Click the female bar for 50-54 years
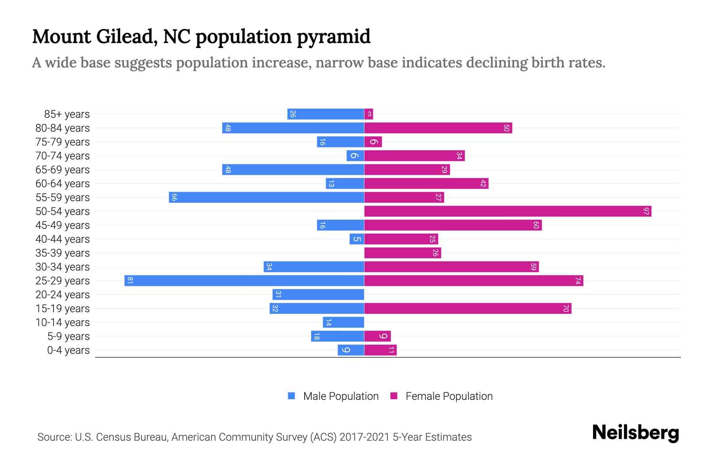(x=508, y=211)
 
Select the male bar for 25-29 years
(x=244, y=281)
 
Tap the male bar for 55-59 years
(x=266, y=198)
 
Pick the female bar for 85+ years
(x=368, y=114)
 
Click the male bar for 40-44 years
(x=356, y=239)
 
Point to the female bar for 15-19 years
(x=467, y=309)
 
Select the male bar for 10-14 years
(x=343, y=322)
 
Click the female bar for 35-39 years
(x=402, y=253)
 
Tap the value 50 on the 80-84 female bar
(x=506, y=128)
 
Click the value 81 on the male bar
(x=130, y=281)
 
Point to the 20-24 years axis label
(x=63, y=295)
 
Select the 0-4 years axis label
(x=68, y=350)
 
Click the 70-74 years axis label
(x=63, y=156)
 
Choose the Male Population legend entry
(x=341, y=396)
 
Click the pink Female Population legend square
(x=394, y=396)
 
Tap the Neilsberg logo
(x=635, y=433)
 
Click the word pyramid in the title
(x=333, y=37)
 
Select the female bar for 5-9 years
(x=377, y=336)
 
